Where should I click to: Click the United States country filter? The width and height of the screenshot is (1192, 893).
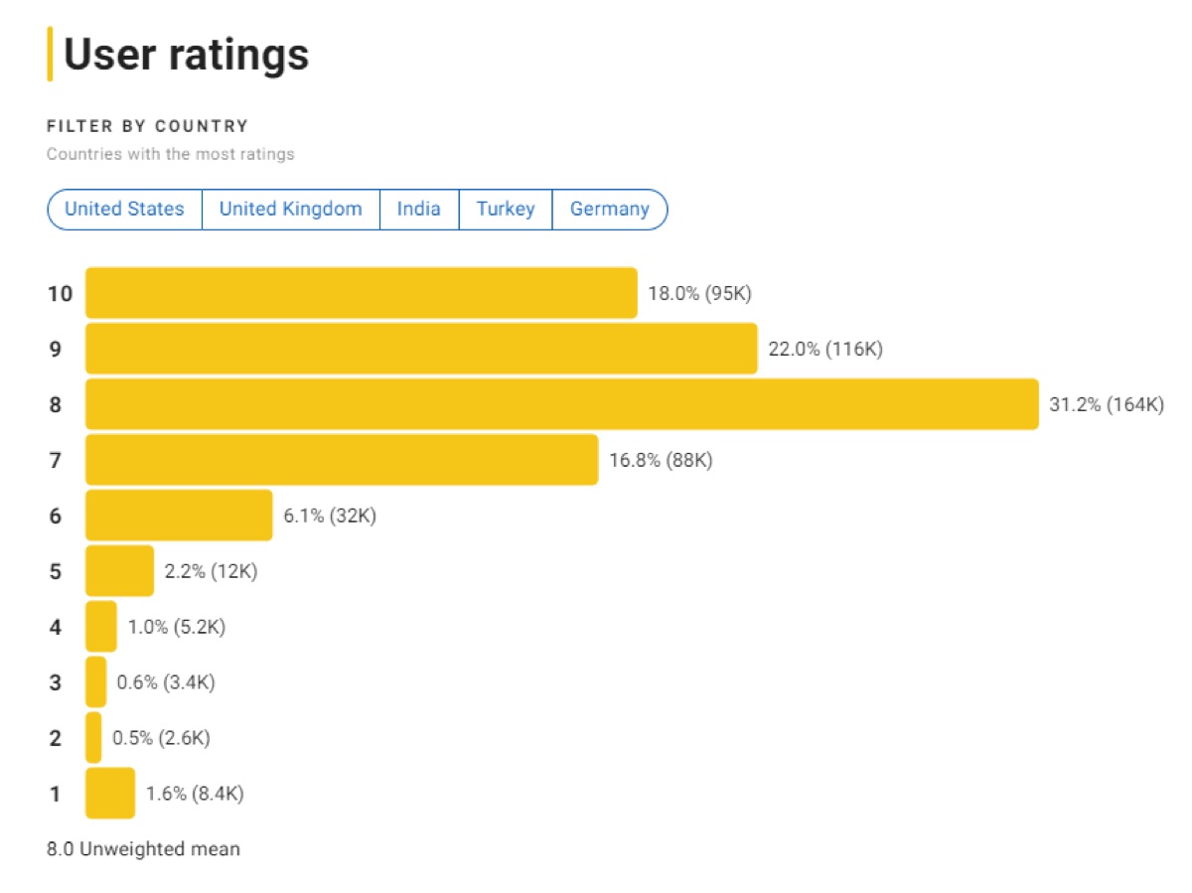(124, 210)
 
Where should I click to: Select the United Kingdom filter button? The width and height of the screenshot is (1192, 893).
(290, 210)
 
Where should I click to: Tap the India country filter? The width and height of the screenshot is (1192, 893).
(418, 210)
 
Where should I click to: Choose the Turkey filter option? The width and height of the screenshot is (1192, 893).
(505, 210)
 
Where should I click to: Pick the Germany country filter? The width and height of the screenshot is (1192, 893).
(609, 210)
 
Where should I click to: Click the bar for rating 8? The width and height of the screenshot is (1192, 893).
(561, 404)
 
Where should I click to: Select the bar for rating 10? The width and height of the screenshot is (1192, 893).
(361, 293)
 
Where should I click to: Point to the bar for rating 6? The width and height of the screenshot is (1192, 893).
(179, 516)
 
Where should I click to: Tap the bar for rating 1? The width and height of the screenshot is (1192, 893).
(109, 793)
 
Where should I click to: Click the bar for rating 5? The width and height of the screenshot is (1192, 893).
(119, 571)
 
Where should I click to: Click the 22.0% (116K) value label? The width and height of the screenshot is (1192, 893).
(824, 349)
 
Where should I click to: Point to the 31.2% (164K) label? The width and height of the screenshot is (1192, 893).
(1106, 404)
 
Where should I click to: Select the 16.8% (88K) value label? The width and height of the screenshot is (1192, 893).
(660, 460)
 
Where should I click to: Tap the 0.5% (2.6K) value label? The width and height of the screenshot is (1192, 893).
(161, 738)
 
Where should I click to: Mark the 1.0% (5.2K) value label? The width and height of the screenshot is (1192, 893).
(177, 627)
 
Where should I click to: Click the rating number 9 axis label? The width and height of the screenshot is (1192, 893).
(55, 349)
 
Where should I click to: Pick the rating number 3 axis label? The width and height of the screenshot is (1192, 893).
(55, 682)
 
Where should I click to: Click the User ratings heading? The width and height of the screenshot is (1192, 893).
(186, 55)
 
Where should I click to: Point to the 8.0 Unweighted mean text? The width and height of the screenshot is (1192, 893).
(143, 849)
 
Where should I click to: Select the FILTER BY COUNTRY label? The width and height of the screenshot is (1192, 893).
(147, 126)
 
